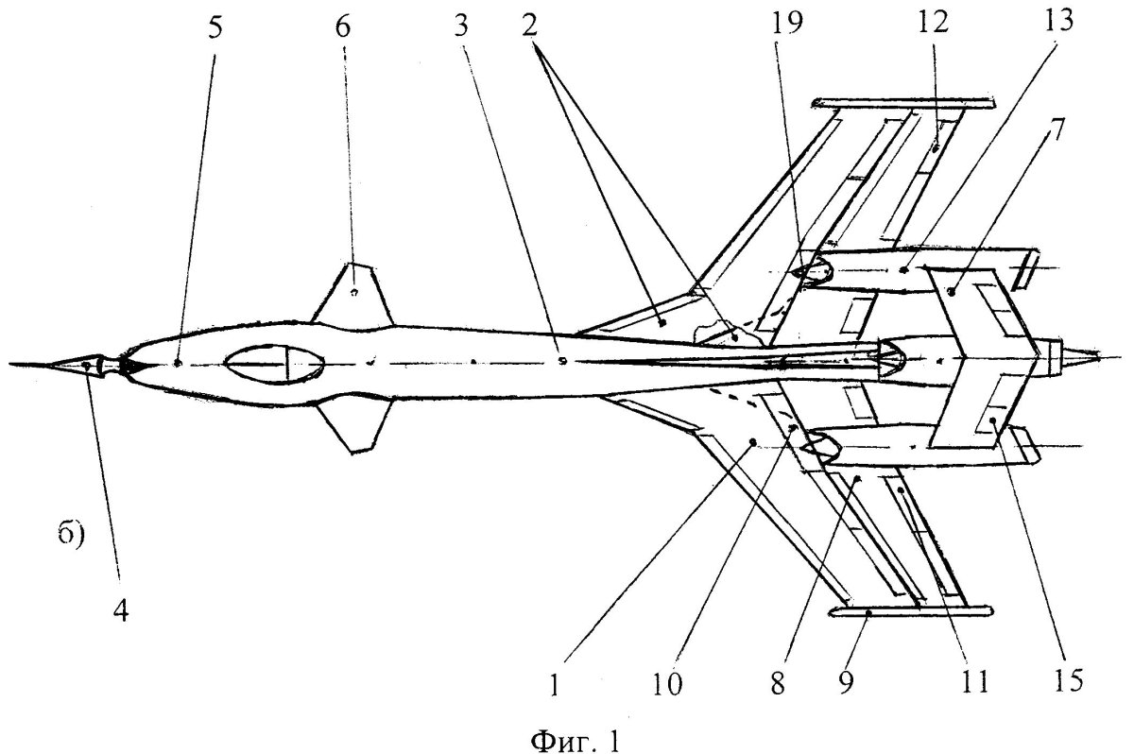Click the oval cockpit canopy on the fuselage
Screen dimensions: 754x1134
coord(275,364)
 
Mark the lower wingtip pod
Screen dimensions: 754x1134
coord(910,611)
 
